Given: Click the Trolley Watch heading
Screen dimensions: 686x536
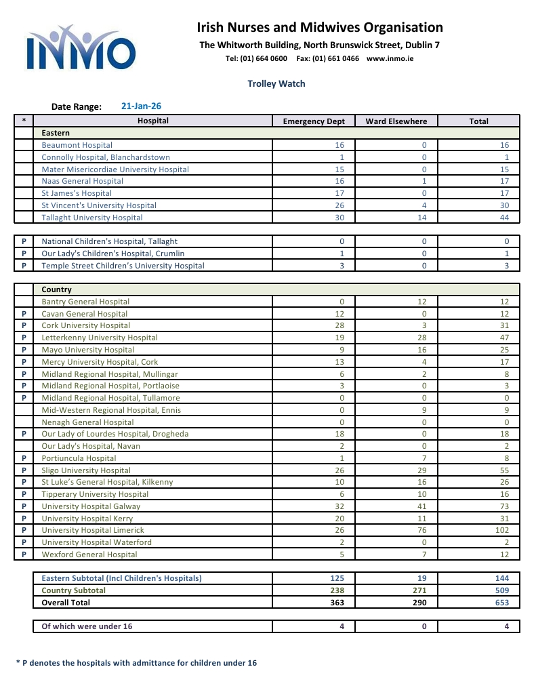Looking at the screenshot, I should (x=276, y=84).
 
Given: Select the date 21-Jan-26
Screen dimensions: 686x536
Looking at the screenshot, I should (x=141, y=106).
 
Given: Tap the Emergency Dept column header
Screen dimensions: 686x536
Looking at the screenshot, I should (x=314, y=121).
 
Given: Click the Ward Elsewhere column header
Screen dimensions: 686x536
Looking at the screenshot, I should (x=396, y=121).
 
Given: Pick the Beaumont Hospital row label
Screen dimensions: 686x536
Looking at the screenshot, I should (x=77, y=145).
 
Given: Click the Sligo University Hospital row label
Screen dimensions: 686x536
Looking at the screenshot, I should (x=86, y=470).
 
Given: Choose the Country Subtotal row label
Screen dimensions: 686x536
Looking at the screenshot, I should (x=74, y=590).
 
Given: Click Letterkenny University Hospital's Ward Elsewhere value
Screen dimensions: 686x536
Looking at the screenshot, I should (x=424, y=338).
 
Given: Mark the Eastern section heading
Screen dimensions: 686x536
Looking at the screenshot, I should (x=56, y=133).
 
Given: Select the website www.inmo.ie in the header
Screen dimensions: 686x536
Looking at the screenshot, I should (x=390, y=58).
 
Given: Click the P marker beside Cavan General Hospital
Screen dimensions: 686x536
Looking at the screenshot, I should (x=24, y=314).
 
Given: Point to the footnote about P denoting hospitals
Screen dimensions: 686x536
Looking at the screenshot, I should (x=136, y=663).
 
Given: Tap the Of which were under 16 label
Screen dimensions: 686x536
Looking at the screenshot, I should (x=87, y=626).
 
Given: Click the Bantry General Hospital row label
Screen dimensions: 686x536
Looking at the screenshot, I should (x=85, y=302).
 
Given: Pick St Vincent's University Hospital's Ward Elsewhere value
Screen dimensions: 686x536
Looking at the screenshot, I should (x=424, y=205).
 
